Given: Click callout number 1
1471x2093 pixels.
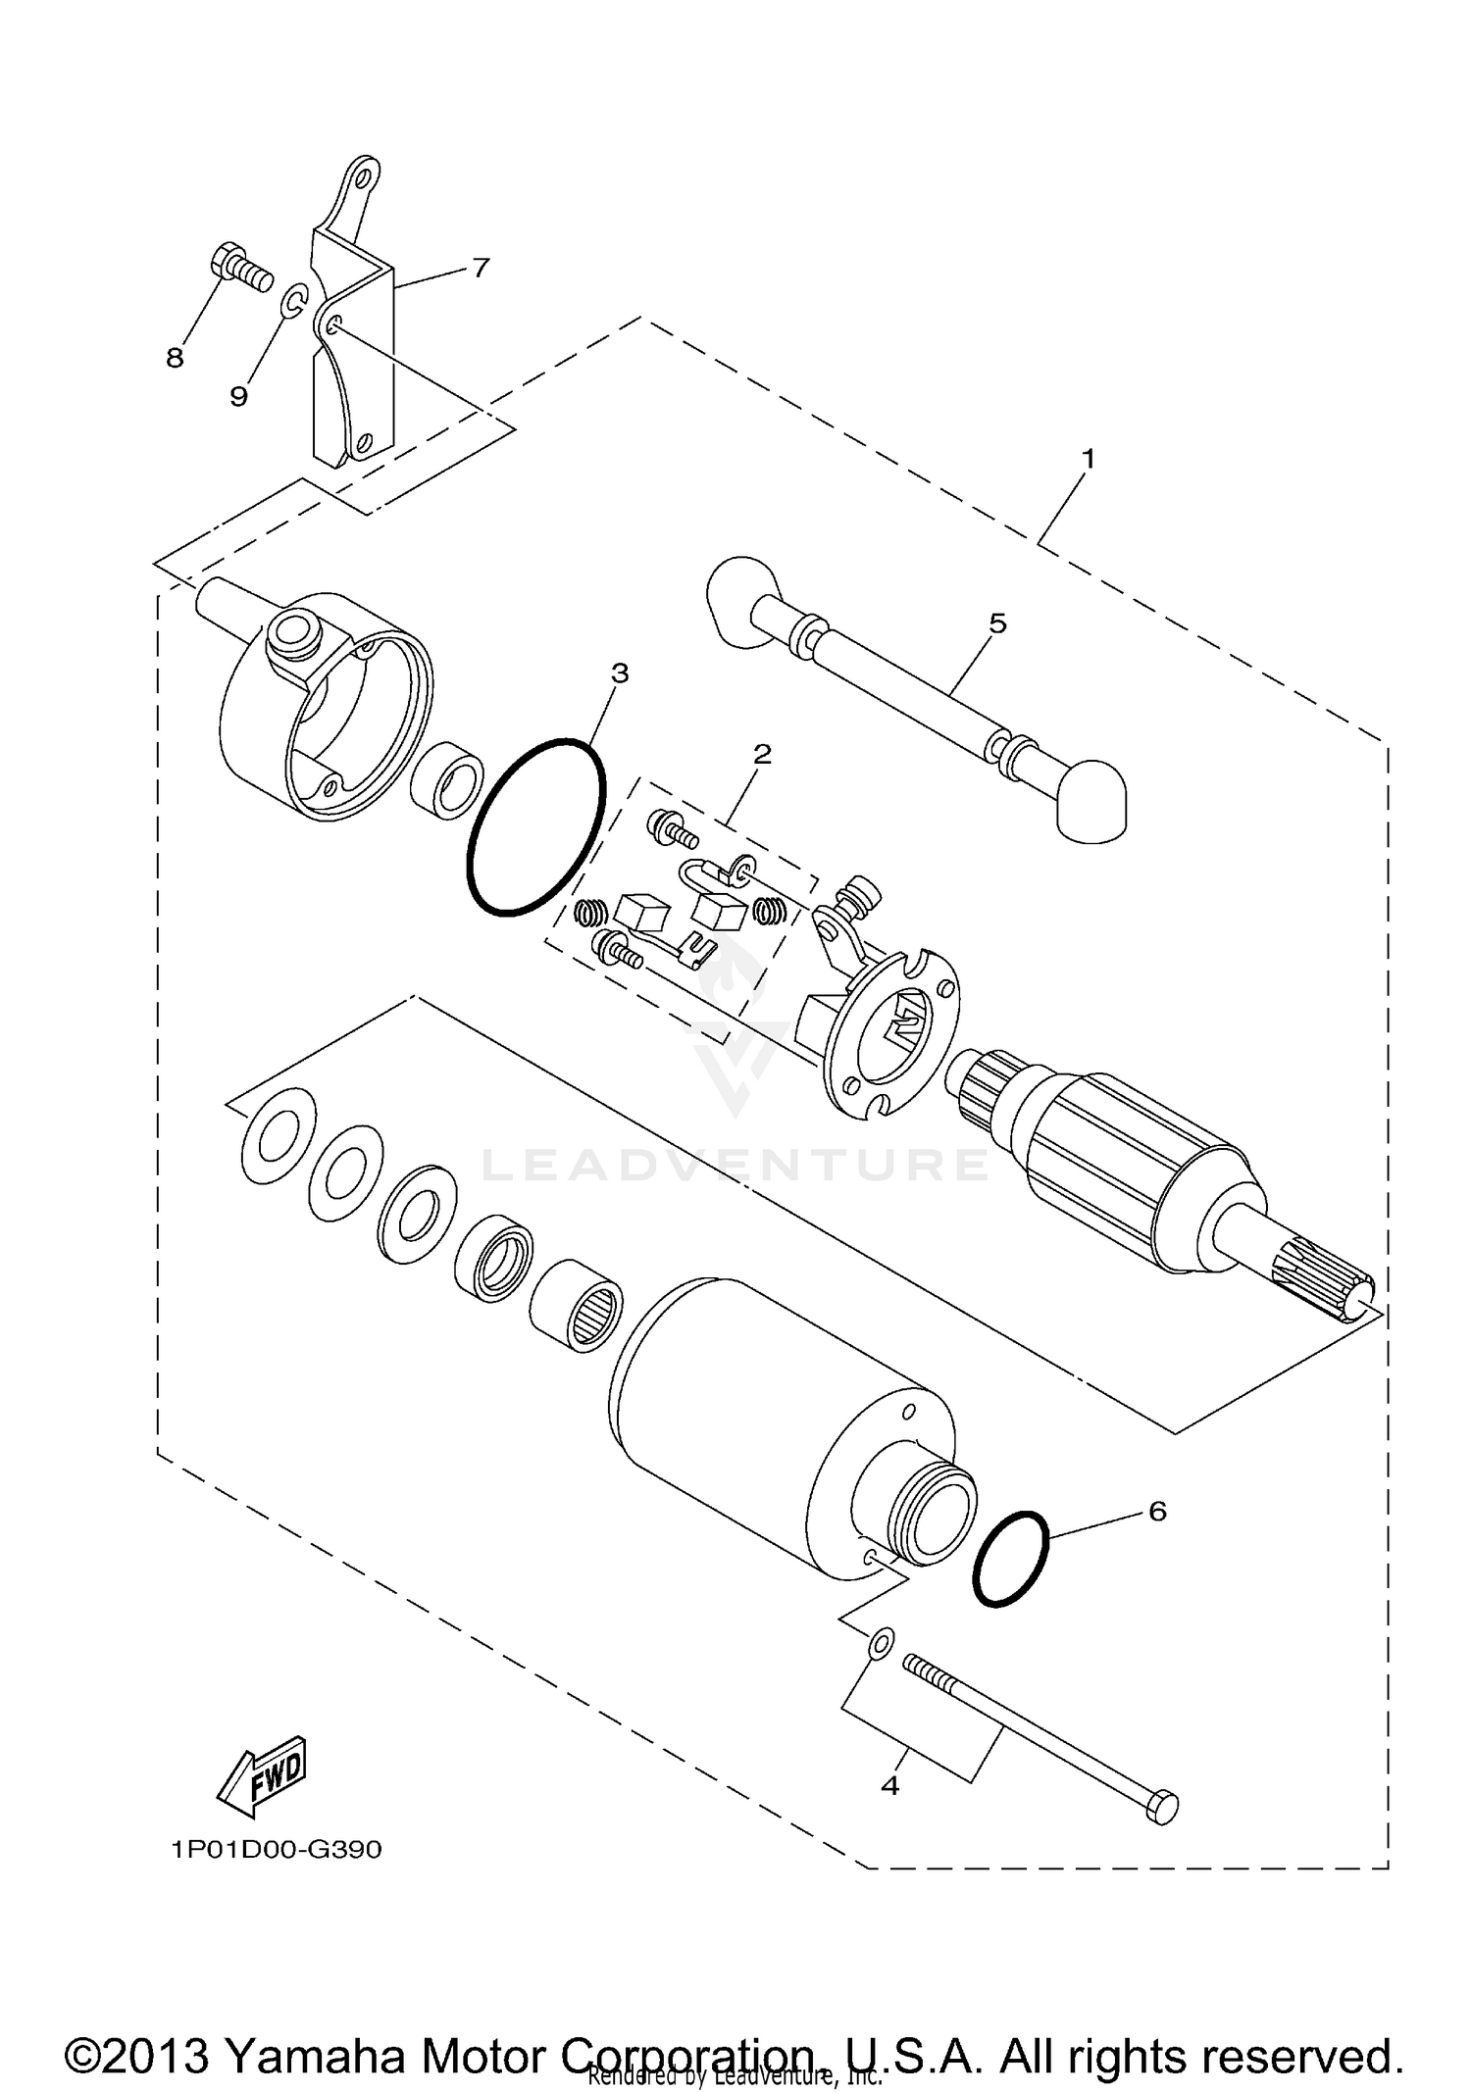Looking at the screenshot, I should [x=1088, y=458].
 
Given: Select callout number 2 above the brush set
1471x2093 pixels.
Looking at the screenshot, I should [x=762, y=754].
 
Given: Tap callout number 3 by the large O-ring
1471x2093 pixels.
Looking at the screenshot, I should [x=619, y=673].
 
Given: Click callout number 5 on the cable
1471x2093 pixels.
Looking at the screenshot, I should [x=997, y=623].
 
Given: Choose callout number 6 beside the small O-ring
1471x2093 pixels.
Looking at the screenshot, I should [x=1157, y=1511].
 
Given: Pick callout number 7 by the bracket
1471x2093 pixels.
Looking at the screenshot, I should [x=480, y=267].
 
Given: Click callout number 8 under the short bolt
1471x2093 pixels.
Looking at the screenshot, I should [x=175, y=359].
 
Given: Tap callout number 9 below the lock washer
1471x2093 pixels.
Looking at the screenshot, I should [x=238, y=395].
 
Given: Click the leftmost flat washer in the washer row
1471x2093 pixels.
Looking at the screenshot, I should [x=278, y=1134].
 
